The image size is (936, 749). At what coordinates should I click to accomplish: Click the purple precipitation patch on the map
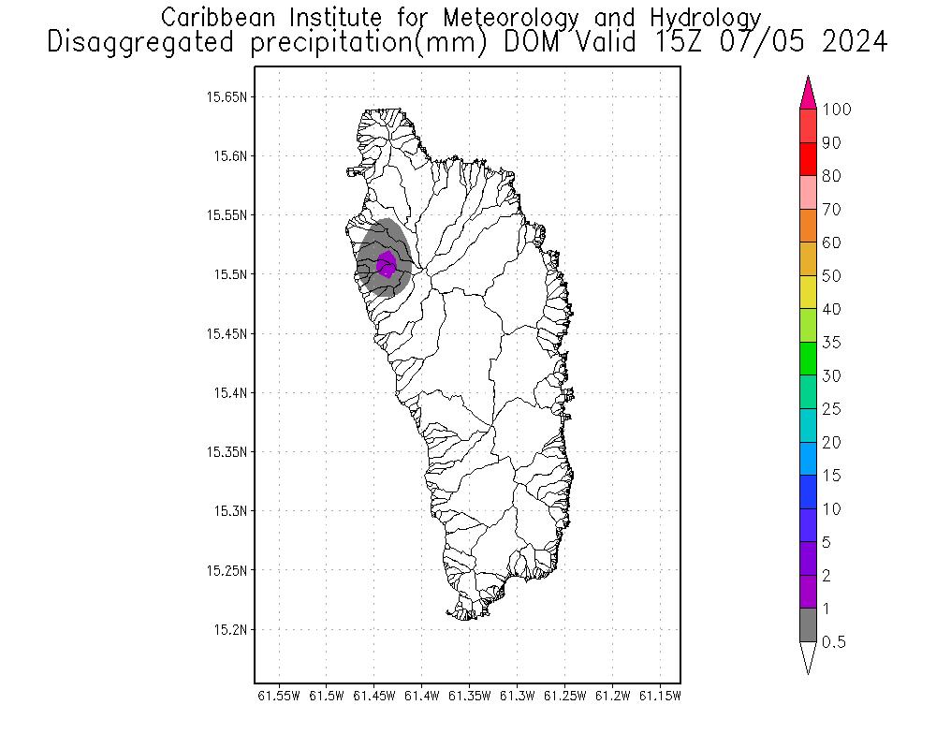coord(386,264)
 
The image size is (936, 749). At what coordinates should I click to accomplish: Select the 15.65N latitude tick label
coord(227,96)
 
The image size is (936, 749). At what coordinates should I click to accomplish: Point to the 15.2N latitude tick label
coord(230,629)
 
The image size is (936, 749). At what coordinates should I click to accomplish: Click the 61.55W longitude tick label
coord(278,696)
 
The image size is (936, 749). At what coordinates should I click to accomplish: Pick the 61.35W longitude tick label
coord(470,696)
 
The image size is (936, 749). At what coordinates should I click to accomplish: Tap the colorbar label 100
coord(837,110)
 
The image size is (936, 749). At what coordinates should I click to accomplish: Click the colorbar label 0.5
coord(833,642)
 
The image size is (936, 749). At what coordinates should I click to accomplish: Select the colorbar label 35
coord(831,343)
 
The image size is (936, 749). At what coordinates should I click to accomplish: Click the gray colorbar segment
coord(809,625)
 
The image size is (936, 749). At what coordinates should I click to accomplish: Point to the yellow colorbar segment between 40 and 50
coord(809,292)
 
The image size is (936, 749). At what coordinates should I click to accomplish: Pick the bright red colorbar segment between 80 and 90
coord(809,159)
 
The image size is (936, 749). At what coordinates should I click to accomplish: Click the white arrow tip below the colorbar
coord(809,659)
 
